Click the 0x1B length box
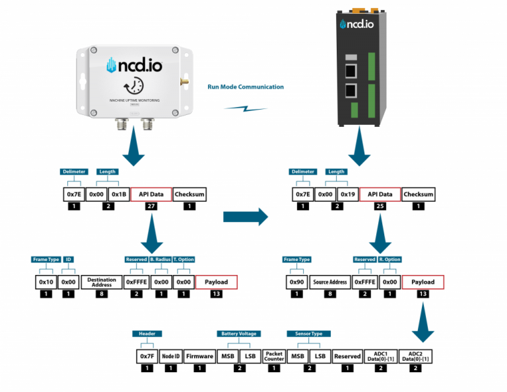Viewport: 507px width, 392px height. click(118, 194)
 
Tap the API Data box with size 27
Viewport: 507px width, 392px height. click(151, 194)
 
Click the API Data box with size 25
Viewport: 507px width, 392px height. click(380, 194)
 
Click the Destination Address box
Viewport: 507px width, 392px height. click(102, 282)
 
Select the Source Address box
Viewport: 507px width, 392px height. click(330, 282)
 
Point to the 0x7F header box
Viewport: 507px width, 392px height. click(147, 356)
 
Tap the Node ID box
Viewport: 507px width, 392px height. click(172, 356)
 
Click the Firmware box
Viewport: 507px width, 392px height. click(199, 356)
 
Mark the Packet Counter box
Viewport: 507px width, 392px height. click(273, 356)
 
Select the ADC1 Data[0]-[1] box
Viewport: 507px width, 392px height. click(380, 356)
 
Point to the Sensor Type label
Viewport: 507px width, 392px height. click(304, 334)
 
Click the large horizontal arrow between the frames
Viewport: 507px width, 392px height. click(245, 216)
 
